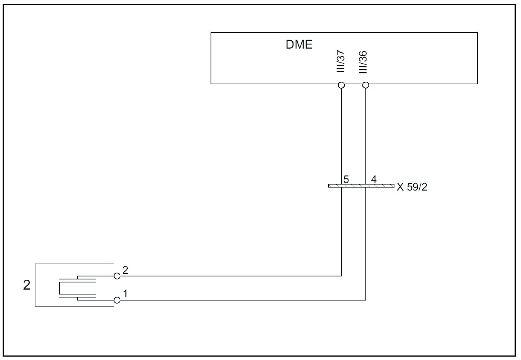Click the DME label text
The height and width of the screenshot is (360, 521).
pyautogui.click(x=299, y=44)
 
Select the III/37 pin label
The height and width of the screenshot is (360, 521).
pyautogui.click(x=341, y=62)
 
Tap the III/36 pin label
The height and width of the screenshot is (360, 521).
pyautogui.click(x=363, y=62)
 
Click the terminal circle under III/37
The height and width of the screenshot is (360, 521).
pyautogui.click(x=341, y=85)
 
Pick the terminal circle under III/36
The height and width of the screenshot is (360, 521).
pyautogui.click(x=365, y=85)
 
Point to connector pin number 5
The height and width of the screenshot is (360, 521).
pyautogui.click(x=346, y=180)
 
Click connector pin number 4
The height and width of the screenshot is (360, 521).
pyautogui.click(x=374, y=179)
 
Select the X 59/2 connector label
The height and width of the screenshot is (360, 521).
pyautogui.click(x=412, y=187)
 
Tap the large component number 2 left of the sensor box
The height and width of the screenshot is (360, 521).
pyautogui.click(x=26, y=285)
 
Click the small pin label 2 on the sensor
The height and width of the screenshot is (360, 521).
pyautogui.click(x=125, y=270)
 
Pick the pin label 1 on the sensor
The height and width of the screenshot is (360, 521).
pyautogui.click(x=125, y=293)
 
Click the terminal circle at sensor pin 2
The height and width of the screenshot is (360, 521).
pyautogui.click(x=117, y=276)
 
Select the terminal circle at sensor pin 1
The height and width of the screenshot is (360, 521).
pyautogui.click(x=117, y=300)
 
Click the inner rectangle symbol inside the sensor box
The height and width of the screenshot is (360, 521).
pyautogui.click(x=78, y=288)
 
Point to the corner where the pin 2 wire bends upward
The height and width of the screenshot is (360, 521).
pyautogui.click(x=341, y=276)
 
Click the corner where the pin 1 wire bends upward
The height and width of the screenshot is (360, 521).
pyautogui.click(x=365, y=300)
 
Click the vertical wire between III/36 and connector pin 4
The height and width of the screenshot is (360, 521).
pyautogui.click(x=365, y=132)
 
